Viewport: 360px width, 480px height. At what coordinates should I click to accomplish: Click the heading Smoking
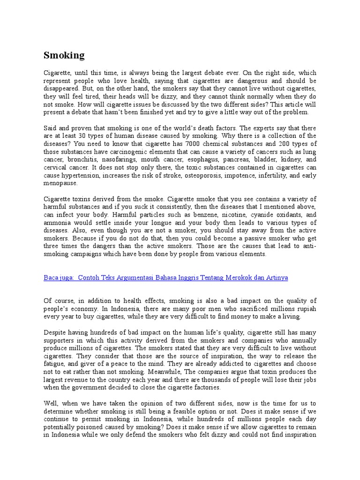[x=64, y=56]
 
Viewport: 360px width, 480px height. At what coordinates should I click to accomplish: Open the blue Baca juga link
[x=165, y=278]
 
